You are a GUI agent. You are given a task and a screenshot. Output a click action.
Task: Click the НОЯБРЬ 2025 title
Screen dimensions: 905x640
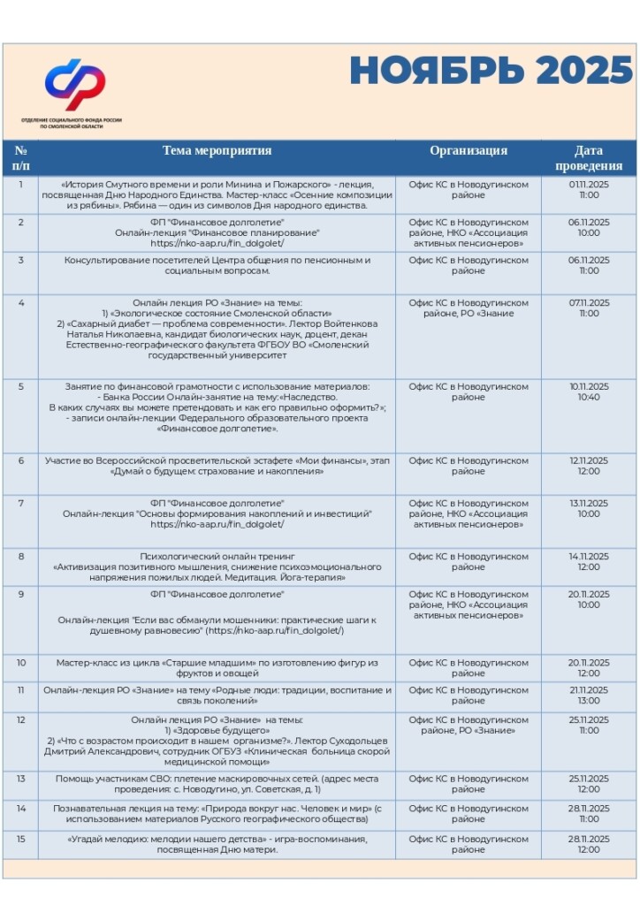coord(491,71)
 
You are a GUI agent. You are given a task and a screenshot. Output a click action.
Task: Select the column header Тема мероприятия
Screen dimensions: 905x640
coord(217,151)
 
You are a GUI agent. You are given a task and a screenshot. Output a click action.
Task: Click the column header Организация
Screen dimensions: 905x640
coord(469,151)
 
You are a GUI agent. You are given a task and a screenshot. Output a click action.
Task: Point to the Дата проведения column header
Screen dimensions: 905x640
coord(589,158)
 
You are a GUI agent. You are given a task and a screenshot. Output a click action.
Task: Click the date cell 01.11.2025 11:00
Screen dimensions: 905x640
coord(589,190)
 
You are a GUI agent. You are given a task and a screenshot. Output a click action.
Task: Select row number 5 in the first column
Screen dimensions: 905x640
coord(21,387)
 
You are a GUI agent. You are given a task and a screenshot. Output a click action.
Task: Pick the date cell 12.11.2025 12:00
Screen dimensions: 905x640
coord(589,466)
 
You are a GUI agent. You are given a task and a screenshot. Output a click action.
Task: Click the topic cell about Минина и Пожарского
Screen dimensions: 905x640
coord(217,194)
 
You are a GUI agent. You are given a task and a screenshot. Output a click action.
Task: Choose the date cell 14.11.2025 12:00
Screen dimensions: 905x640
coord(589,561)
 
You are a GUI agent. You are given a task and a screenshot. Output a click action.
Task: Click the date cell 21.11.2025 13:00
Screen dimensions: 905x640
coord(589,696)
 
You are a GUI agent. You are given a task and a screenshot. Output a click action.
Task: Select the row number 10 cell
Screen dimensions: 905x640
coord(21,663)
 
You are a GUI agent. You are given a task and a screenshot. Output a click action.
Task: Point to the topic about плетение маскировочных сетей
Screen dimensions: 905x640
coord(217,784)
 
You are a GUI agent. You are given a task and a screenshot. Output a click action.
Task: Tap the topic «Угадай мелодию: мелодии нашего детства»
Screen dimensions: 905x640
coord(217,844)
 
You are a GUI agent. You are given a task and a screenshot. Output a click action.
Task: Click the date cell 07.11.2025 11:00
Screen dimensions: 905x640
coord(589,308)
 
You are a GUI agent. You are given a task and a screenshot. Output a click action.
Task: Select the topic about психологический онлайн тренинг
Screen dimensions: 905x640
coord(217,567)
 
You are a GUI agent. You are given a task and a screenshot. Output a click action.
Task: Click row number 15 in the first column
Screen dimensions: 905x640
coord(21,839)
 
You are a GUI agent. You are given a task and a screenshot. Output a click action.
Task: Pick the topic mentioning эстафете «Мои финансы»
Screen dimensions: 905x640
coord(217,466)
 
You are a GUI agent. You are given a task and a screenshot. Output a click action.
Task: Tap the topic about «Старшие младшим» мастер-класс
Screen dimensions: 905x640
coord(217,668)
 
